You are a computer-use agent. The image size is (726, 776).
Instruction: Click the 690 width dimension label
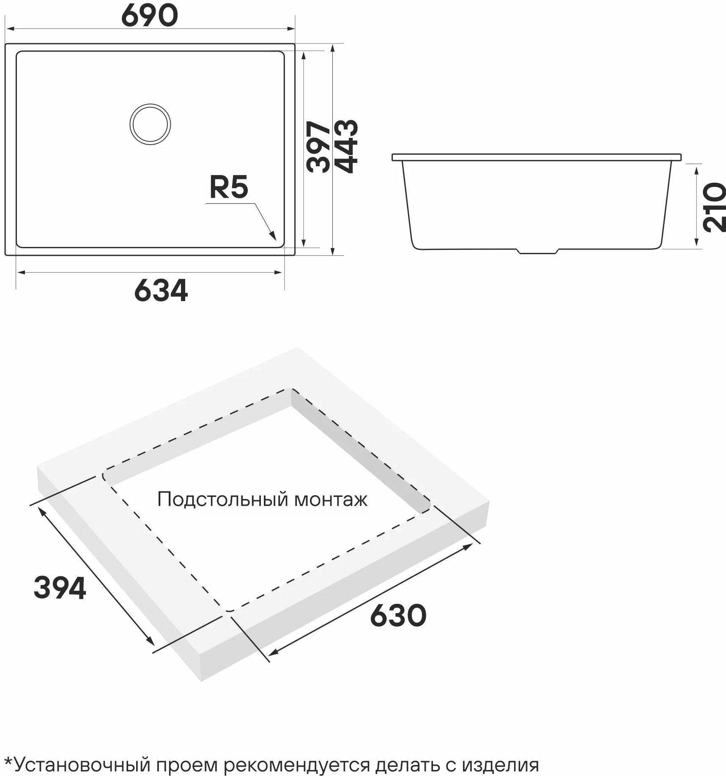(x=150, y=15)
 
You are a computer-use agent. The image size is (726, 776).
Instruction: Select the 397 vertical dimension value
(x=319, y=147)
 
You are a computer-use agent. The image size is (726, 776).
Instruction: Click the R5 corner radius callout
(x=229, y=187)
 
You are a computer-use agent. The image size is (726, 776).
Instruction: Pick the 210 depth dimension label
(x=714, y=207)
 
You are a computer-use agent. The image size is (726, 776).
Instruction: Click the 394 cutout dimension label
(x=60, y=588)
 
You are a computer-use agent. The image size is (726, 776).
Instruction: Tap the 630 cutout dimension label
(x=398, y=616)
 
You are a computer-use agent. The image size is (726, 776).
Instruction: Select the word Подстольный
(x=223, y=500)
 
